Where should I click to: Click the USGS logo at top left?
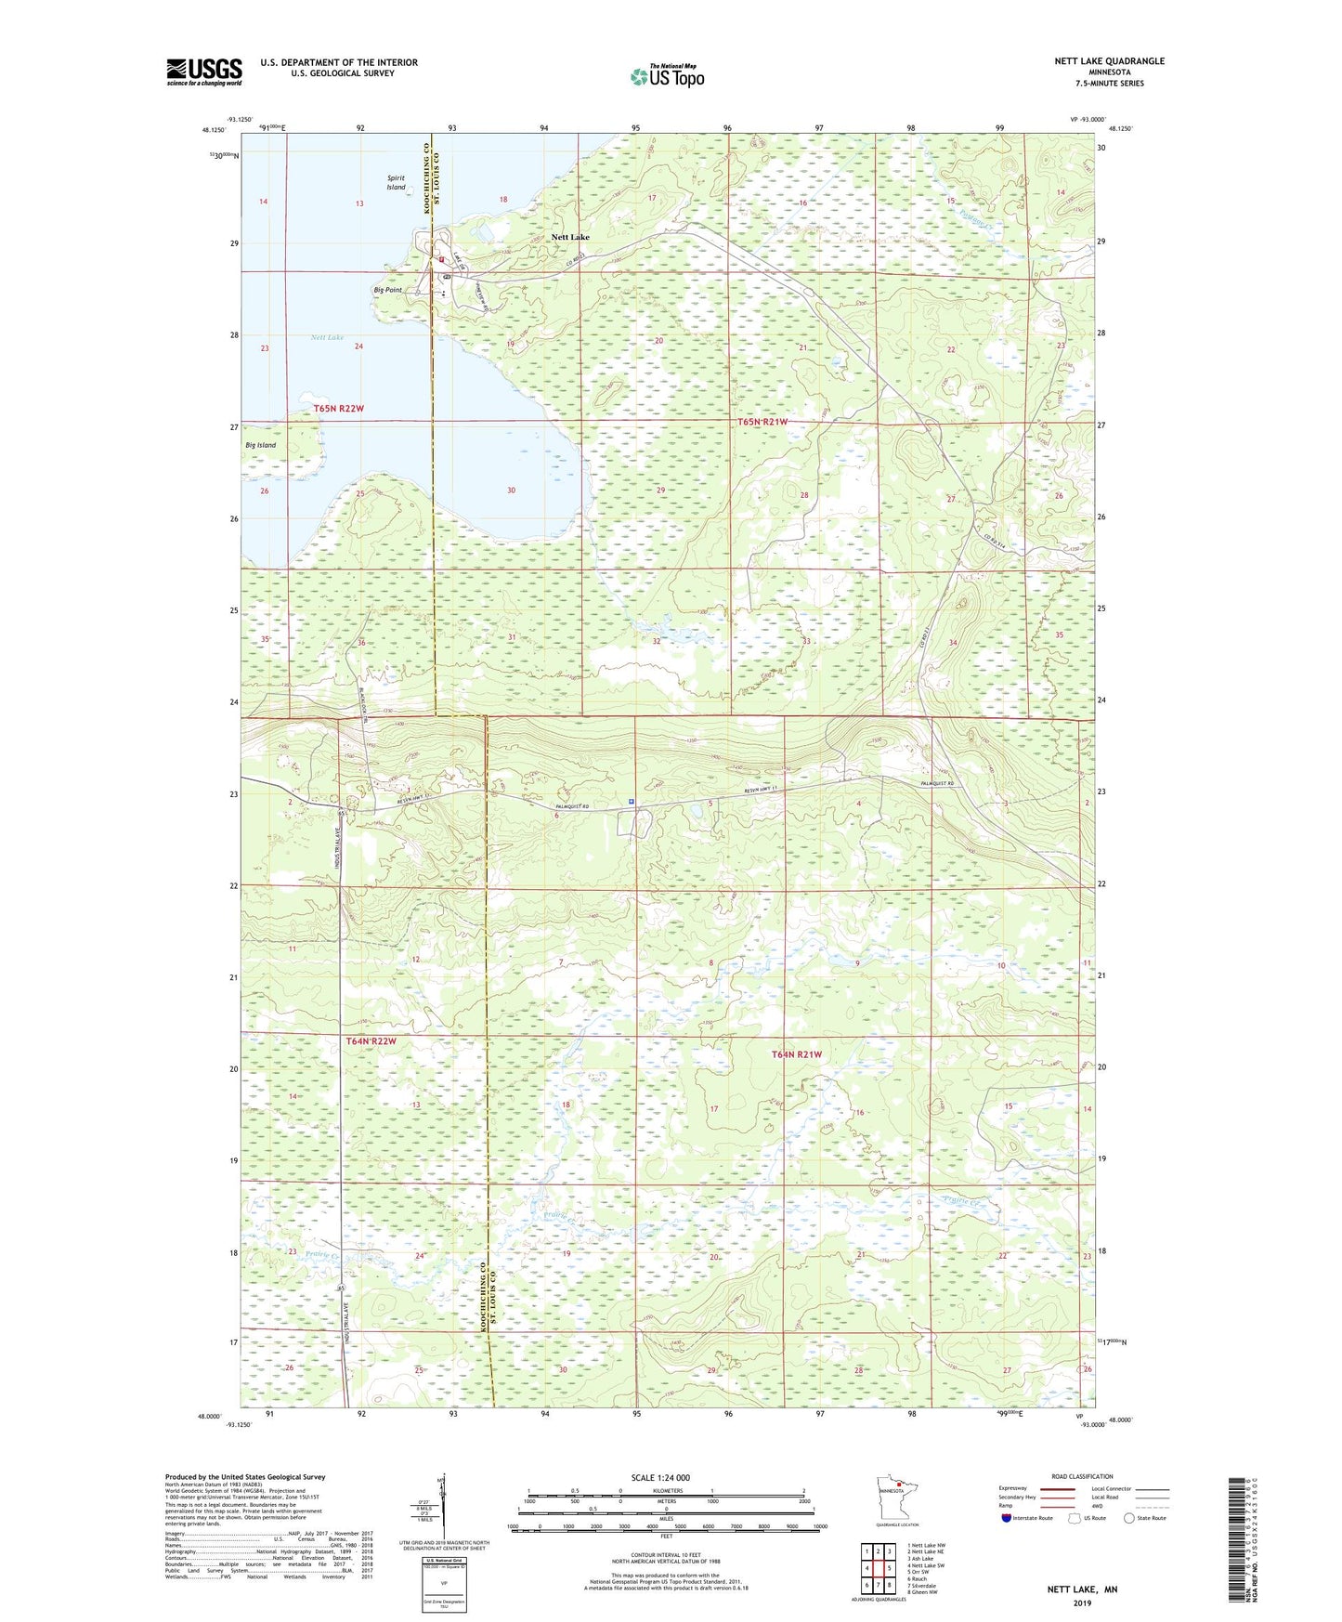[204, 72]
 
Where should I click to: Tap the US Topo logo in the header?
[667, 76]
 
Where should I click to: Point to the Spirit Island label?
[397, 182]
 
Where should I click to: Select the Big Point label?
[387, 290]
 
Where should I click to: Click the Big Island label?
[260, 445]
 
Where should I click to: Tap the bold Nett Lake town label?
[570, 237]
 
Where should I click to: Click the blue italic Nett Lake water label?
[327, 337]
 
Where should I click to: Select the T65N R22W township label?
[338, 408]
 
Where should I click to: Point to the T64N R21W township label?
[797, 1054]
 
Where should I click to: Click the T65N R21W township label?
[762, 422]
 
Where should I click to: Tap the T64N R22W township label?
[371, 1041]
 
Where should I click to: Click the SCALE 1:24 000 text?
[660, 1477]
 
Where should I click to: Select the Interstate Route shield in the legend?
[1008, 1518]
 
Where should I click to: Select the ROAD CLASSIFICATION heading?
[1081, 1476]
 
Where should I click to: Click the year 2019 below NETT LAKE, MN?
[1082, 1602]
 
